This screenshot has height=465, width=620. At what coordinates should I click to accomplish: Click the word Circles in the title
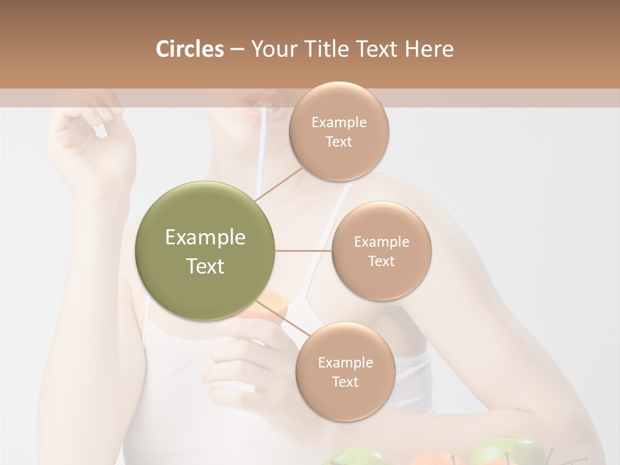click(x=189, y=49)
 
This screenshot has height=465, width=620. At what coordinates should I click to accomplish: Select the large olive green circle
click(x=205, y=251)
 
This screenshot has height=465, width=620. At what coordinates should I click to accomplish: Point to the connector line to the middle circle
click(x=304, y=251)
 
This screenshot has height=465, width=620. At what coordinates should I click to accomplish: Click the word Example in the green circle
click(x=205, y=238)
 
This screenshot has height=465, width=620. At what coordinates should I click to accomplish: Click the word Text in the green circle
click(x=205, y=266)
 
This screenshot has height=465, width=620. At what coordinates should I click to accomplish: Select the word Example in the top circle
click(x=338, y=122)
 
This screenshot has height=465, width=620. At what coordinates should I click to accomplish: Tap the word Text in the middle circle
click(x=381, y=261)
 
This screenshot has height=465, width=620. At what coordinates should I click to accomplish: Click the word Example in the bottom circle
click(x=345, y=362)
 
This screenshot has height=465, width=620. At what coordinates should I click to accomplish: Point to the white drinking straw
click(x=263, y=149)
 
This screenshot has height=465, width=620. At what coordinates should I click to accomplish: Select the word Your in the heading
click(x=271, y=49)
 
